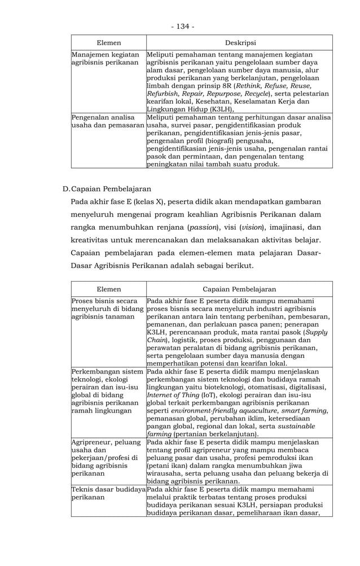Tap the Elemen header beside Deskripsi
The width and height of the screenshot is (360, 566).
tap(108, 42)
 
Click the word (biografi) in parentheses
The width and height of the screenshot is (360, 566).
tap(233, 141)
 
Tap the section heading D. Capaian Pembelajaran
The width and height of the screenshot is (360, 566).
tap(107, 188)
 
